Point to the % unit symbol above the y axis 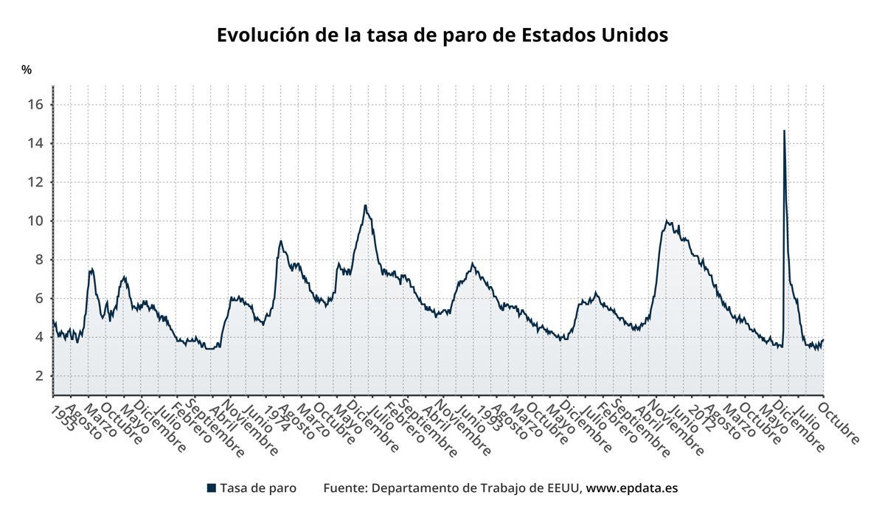pos(27,70)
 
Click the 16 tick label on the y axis pos(36,105)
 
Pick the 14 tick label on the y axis pos(36,143)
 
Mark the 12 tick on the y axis pos(36,182)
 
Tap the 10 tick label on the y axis pos(36,221)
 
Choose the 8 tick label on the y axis pos(40,260)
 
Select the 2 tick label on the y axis pos(40,376)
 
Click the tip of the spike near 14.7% pos(783,131)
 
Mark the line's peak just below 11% pos(364,205)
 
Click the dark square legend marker pos(212,488)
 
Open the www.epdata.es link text pos(631,488)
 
